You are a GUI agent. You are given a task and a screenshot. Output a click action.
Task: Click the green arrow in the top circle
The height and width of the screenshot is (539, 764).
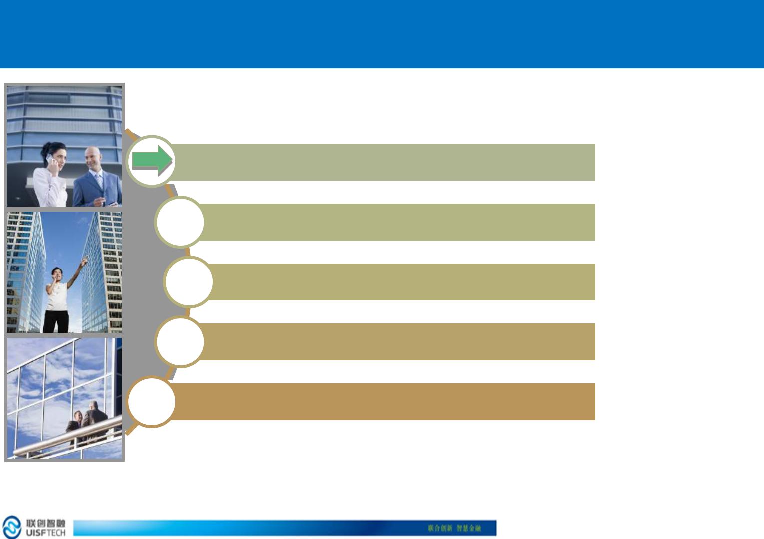point(152,161)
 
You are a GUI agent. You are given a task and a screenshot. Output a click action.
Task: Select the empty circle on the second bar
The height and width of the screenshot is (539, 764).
point(180,222)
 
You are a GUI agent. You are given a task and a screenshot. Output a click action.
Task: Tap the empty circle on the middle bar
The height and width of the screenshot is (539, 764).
point(189,281)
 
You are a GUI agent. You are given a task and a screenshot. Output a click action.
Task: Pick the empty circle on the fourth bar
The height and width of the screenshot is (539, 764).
point(180,341)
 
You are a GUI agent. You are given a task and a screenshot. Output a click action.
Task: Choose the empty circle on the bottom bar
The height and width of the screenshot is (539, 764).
point(152,402)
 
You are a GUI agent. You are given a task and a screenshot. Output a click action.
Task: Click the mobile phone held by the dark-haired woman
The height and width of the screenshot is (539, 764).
point(49,158)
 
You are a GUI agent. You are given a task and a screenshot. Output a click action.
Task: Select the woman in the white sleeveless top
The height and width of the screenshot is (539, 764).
point(56,294)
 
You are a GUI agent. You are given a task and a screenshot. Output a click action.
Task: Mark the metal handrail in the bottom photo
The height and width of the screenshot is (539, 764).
point(65,439)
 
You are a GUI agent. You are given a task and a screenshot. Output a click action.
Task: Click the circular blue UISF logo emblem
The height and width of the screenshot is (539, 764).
point(12,527)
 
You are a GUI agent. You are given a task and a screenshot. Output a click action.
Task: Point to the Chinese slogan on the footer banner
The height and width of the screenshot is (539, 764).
point(454,528)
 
